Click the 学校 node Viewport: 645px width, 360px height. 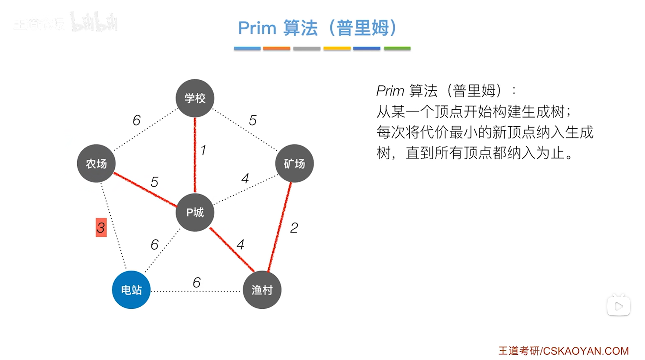point(195,98)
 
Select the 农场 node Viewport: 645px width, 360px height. point(96,163)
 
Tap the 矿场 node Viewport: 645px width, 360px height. point(294,163)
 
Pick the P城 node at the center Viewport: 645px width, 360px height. point(195,212)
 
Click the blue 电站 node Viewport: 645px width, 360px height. point(131,290)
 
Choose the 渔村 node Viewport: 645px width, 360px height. point(262,290)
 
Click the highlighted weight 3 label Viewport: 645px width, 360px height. point(101,228)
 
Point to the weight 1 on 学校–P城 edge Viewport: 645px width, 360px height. point(203,150)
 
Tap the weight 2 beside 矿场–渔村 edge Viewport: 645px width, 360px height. point(294,228)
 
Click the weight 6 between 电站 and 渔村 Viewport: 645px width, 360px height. point(196,282)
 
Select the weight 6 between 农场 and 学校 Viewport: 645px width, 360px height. point(136,120)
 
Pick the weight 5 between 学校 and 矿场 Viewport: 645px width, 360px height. point(253,120)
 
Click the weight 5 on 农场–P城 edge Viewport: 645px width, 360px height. point(154,182)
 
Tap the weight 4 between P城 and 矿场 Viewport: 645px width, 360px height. point(245,178)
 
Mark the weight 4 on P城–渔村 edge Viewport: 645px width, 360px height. point(240,245)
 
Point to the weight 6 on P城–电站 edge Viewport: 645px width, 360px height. point(154,245)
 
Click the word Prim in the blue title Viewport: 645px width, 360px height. point(257,28)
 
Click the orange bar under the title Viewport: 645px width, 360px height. point(276,49)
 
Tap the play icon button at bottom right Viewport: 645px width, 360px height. point(618,306)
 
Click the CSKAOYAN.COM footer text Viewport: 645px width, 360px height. point(585,351)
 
